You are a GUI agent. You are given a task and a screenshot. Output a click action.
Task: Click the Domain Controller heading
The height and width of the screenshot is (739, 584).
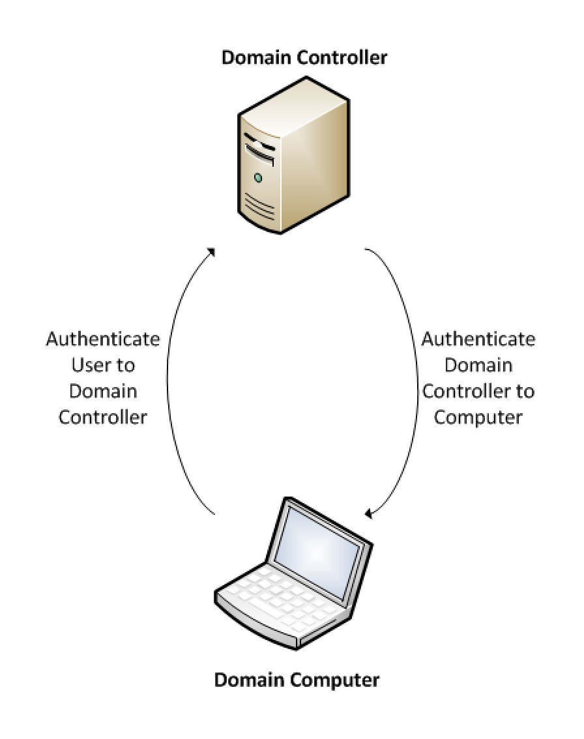click(304, 57)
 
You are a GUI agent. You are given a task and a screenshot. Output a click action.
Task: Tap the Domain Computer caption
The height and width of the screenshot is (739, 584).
click(297, 680)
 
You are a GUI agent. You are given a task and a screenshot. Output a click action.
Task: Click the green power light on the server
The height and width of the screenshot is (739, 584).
click(258, 178)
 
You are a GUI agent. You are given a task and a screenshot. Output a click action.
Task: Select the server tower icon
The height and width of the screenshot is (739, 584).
click(293, 154)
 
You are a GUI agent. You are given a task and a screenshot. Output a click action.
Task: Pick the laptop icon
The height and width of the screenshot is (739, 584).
click(293, 573)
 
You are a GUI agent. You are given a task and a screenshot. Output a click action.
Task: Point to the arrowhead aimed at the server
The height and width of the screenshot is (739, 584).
click(211, 252)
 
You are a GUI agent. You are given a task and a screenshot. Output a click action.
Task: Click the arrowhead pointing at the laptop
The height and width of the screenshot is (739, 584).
click(369, 513)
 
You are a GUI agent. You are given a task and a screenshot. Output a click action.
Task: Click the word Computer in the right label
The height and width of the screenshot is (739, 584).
click(478, 418)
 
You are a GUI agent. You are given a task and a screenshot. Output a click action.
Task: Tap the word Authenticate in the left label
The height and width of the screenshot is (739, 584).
click(103, 340)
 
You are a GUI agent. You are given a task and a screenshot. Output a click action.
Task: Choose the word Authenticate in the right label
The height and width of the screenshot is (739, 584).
click(478, 340)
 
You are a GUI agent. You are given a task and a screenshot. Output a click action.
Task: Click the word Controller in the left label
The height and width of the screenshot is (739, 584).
click(103, 417)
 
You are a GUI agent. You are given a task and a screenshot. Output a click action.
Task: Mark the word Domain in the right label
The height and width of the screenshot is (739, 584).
click(478, 365)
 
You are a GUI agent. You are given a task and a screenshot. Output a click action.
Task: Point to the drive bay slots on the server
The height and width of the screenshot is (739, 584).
click(259, 149)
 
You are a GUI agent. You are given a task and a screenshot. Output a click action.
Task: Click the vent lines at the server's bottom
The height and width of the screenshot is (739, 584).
click(259, 207)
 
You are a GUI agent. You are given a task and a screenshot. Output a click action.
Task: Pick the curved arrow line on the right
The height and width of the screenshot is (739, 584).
click(417, 377)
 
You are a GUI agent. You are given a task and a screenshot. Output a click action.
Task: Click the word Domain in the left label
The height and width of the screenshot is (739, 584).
click(103, 391)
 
